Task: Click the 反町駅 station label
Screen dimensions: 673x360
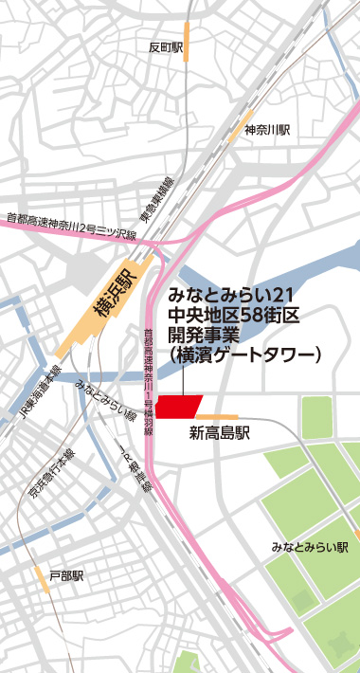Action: point(165,46)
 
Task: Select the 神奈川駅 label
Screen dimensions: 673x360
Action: point(266,129)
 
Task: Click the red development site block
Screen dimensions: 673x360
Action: point(178,406)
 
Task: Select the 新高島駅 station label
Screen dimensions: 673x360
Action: point(219,435)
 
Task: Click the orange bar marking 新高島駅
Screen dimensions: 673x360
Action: point(217,416)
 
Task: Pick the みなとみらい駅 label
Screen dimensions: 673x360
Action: point(310,547)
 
